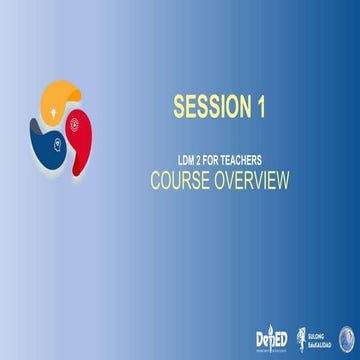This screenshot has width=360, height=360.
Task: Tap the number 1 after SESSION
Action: tap(258, 107)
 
